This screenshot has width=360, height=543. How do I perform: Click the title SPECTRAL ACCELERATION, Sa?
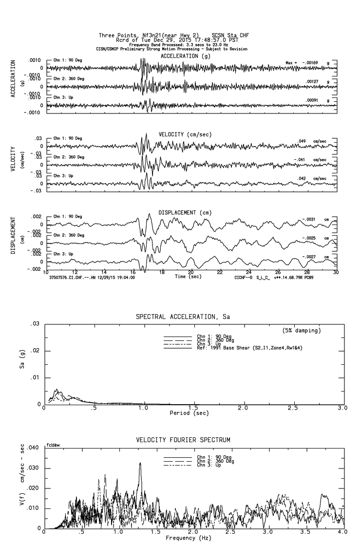point(183,317)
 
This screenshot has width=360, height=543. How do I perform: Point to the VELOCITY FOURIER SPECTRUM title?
point(183,440)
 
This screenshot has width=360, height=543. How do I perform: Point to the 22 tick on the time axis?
point(220,272)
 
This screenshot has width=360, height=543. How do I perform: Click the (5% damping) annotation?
point(302,331)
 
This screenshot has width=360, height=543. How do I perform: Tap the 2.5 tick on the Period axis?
point(293,408)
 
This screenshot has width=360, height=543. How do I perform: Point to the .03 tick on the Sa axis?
point(35,324)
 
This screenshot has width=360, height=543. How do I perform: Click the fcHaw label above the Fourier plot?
point(52,445)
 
